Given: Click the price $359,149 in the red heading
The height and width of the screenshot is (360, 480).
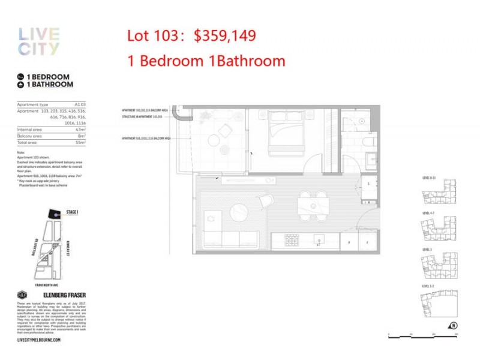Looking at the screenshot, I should pos(224,36).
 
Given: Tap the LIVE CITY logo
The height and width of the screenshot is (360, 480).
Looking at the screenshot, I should pos(39,41).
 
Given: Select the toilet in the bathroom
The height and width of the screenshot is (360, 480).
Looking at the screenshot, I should pos(368,142).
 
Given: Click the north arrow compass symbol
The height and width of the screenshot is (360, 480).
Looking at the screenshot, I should pos(454,326).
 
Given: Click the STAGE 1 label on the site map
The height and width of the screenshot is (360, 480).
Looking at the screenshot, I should pos(73,212).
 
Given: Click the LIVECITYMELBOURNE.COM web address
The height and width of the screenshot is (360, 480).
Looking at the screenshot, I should pos(39,340).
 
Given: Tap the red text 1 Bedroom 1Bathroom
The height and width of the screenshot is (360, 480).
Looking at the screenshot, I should pos(206,61).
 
